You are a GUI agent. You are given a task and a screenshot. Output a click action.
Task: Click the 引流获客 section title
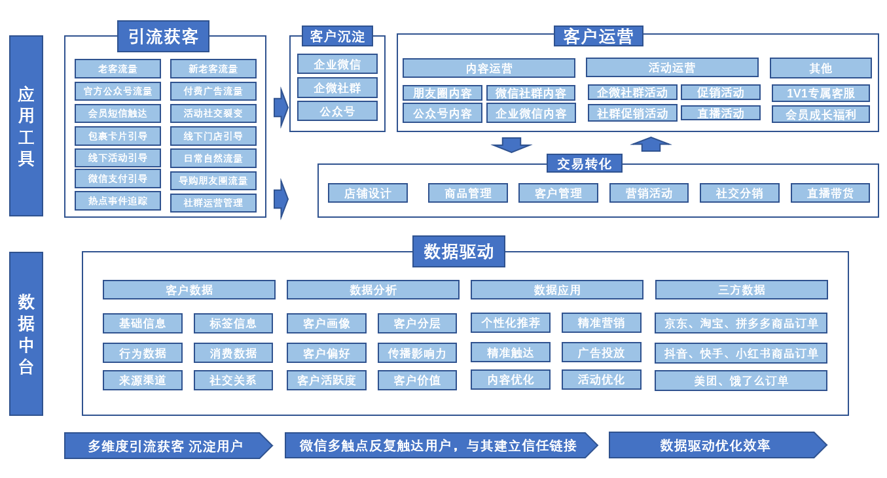tap(163, 36)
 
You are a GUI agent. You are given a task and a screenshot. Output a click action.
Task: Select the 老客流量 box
tap(118, 69)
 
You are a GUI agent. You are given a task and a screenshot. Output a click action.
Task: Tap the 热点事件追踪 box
tap(118, 201)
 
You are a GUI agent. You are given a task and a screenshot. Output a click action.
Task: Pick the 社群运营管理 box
tap(213, 203)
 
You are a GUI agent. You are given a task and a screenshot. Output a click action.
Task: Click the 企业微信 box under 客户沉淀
tap(337, 64)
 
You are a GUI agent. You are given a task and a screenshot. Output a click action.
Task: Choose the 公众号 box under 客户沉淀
tap(337, 111)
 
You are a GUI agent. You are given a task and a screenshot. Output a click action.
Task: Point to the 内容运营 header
tap(489, 68)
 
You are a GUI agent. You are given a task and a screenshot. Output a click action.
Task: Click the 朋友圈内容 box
tap(443, 93)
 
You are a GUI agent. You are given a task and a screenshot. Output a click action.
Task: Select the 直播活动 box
tap(720, 113)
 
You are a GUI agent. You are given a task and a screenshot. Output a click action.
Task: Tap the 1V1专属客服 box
tap(820, 94)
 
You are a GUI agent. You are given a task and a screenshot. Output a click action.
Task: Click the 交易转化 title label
tap(584, 163)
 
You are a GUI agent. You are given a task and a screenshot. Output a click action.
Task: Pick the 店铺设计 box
tap(368, 193)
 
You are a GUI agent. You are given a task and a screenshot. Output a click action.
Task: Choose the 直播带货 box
tap(830, 193)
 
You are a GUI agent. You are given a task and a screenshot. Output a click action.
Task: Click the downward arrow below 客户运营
tap(511, 145)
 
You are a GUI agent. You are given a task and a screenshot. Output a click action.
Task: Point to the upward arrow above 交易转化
tap(651, 144)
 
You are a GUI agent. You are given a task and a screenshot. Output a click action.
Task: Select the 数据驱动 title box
tap(458, 251)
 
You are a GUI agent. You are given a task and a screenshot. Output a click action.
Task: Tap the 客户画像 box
tap(326, 323)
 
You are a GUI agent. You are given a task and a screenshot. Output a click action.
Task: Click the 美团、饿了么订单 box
tap(741, 381)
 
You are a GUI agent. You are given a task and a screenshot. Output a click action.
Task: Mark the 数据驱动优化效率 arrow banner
tap(717, 445)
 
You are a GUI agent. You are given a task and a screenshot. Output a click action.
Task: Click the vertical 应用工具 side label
tap(26, 126)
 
